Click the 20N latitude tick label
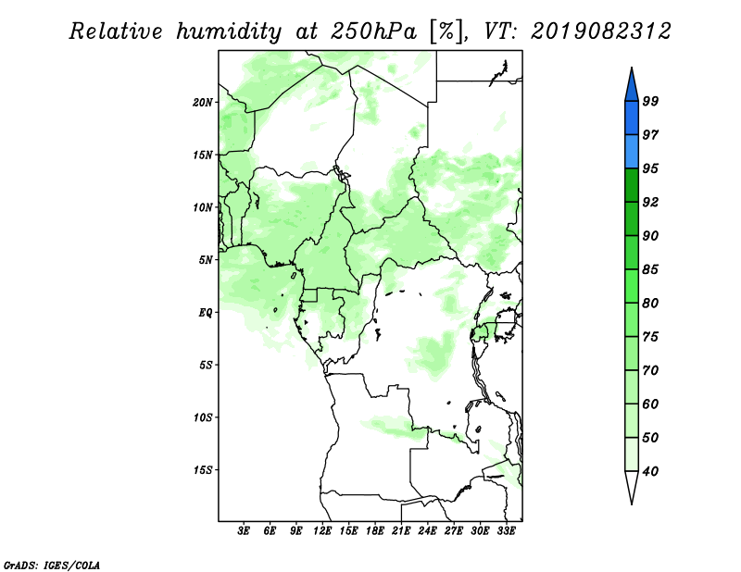203,103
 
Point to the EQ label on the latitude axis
206,313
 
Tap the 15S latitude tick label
203,470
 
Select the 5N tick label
206,260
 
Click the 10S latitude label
203,417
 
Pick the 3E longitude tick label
244,531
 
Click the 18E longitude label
375,531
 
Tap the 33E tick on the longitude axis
506,531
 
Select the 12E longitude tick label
322,531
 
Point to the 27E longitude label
454,531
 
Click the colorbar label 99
650,101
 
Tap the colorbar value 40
650,471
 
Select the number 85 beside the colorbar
650,269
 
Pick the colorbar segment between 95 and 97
632,152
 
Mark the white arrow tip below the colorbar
632,504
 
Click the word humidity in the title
229,31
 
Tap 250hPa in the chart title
373,31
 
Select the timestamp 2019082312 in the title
600,31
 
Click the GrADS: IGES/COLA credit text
52,566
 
